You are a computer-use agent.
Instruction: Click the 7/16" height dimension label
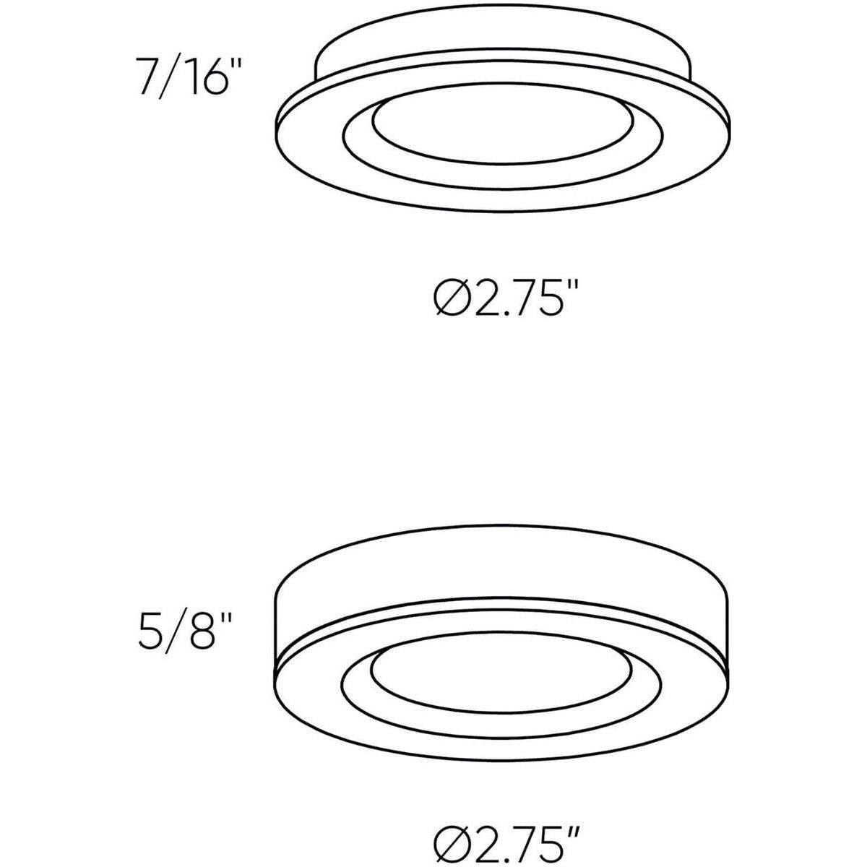coord(186,77)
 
